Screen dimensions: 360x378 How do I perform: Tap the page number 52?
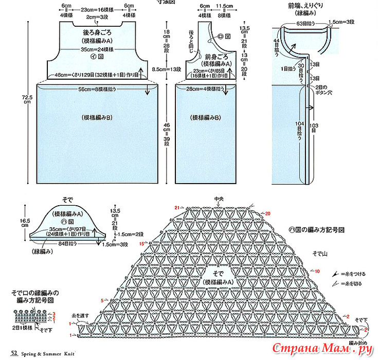pyautogui.click(x=15, y=353)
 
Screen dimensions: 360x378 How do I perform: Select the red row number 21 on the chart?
pyautogui.click(x=176, y=207)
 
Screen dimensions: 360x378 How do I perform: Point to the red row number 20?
pyautogui.click(x=267, y=213)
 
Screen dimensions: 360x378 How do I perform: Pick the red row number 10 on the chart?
pyautogui.click(x=317, y=271)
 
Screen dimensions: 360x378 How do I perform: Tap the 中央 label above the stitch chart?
pyautogui.click(x=220, y=198)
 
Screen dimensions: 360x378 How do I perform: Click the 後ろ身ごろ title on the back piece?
pyautogui.click(x=93, y=32)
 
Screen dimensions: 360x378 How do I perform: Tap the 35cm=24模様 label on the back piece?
pyautogui.click(x=93, y=50)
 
